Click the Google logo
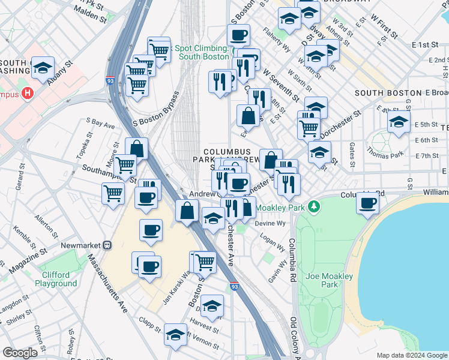pos(20,353)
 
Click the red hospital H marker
pos(27,94)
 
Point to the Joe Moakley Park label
pos(330,281)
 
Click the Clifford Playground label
pos(56,279)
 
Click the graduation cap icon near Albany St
pos(43,68)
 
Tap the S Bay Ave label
pos(100,125)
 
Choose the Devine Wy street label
pos(269,223)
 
